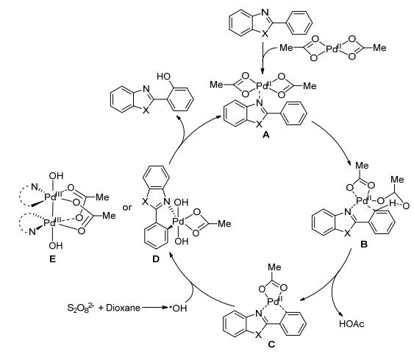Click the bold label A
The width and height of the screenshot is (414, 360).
pos(266,135)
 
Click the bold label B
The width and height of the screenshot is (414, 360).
pos(364,244)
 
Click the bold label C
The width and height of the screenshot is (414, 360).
pos(271,345)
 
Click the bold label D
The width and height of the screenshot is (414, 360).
pos(156,259)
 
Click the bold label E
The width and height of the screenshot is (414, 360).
pos(52,259)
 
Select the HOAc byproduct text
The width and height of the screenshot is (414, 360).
pos(351,323)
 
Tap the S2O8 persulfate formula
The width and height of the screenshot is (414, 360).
pos(81,308)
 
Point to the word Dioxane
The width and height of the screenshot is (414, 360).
pos(123,308)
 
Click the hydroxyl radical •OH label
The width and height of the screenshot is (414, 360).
pos(178,308)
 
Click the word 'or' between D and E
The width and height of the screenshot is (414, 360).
pos(126,208)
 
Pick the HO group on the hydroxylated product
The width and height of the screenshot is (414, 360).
pos(163,77)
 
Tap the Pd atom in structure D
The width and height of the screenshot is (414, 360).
pos(179,222)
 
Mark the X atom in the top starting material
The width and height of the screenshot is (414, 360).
pos(265,34)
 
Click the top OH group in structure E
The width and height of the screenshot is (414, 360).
pos(56,176)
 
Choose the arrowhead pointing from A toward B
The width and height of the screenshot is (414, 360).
pos(349,162)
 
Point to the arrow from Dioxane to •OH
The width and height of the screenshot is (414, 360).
pos(154,308)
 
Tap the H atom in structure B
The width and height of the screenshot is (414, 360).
pos(393,203)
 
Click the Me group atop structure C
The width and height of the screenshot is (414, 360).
pos(274,267)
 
